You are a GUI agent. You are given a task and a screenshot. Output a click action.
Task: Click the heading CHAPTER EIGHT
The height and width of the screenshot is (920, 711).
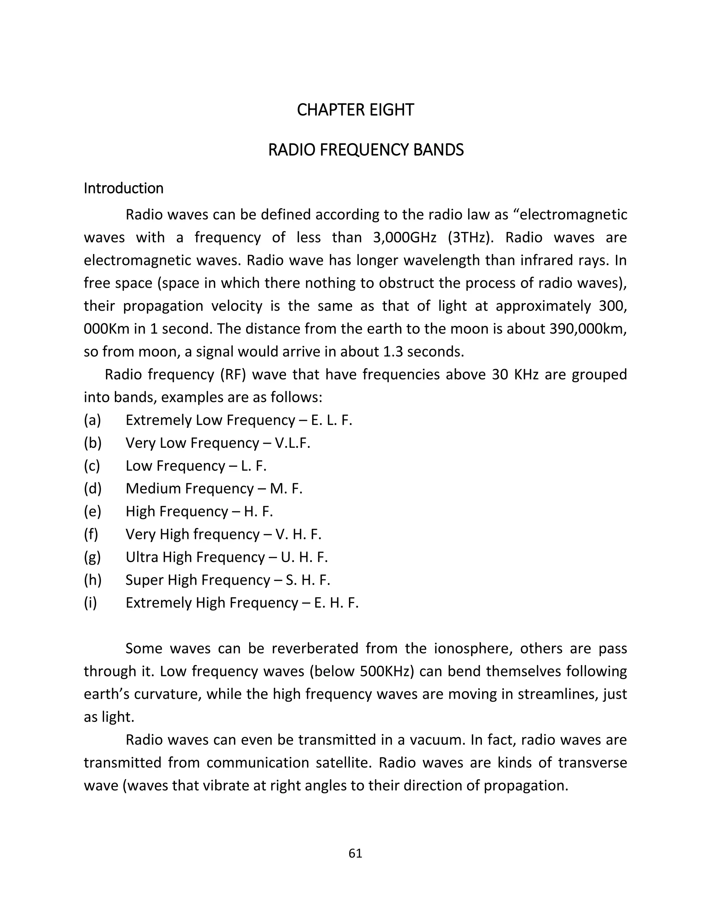(x=355, y=110)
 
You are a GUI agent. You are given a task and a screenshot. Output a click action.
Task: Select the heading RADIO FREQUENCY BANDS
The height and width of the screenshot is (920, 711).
(x=366, y=150)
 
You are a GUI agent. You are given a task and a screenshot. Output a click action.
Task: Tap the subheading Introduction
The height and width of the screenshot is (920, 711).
(x=123, y=188)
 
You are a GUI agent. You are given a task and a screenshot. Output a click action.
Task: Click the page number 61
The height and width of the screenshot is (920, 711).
(x=355, y=853)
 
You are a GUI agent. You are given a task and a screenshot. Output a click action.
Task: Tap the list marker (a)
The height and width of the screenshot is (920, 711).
(x=92, y=420)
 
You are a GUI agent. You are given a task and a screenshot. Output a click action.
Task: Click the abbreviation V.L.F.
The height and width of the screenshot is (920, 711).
(x=292, y=443)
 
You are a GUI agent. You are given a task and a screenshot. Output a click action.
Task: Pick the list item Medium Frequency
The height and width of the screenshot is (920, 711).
(x=190, y=489)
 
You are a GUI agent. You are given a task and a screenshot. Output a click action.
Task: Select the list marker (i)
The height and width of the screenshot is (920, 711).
(x=90, y=602)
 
